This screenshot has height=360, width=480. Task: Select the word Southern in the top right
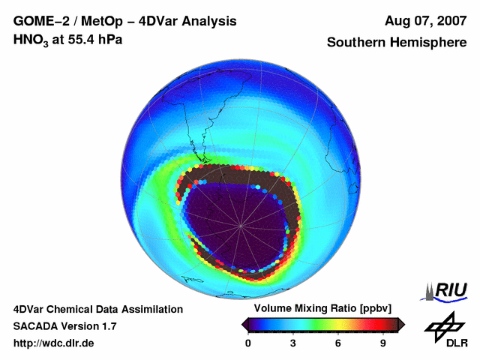coord(359,43)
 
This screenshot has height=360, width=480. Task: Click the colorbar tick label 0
coord(248,343)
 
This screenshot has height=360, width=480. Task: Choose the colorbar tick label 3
coord(293,343)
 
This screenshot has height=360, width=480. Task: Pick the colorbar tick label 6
coord(338,343)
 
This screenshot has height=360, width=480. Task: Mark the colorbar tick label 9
coord(382,343)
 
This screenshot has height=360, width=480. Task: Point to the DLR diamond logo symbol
coord(442,325)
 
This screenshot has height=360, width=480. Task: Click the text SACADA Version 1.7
coord(64,325)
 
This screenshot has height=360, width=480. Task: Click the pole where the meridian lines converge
coord(241,224)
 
